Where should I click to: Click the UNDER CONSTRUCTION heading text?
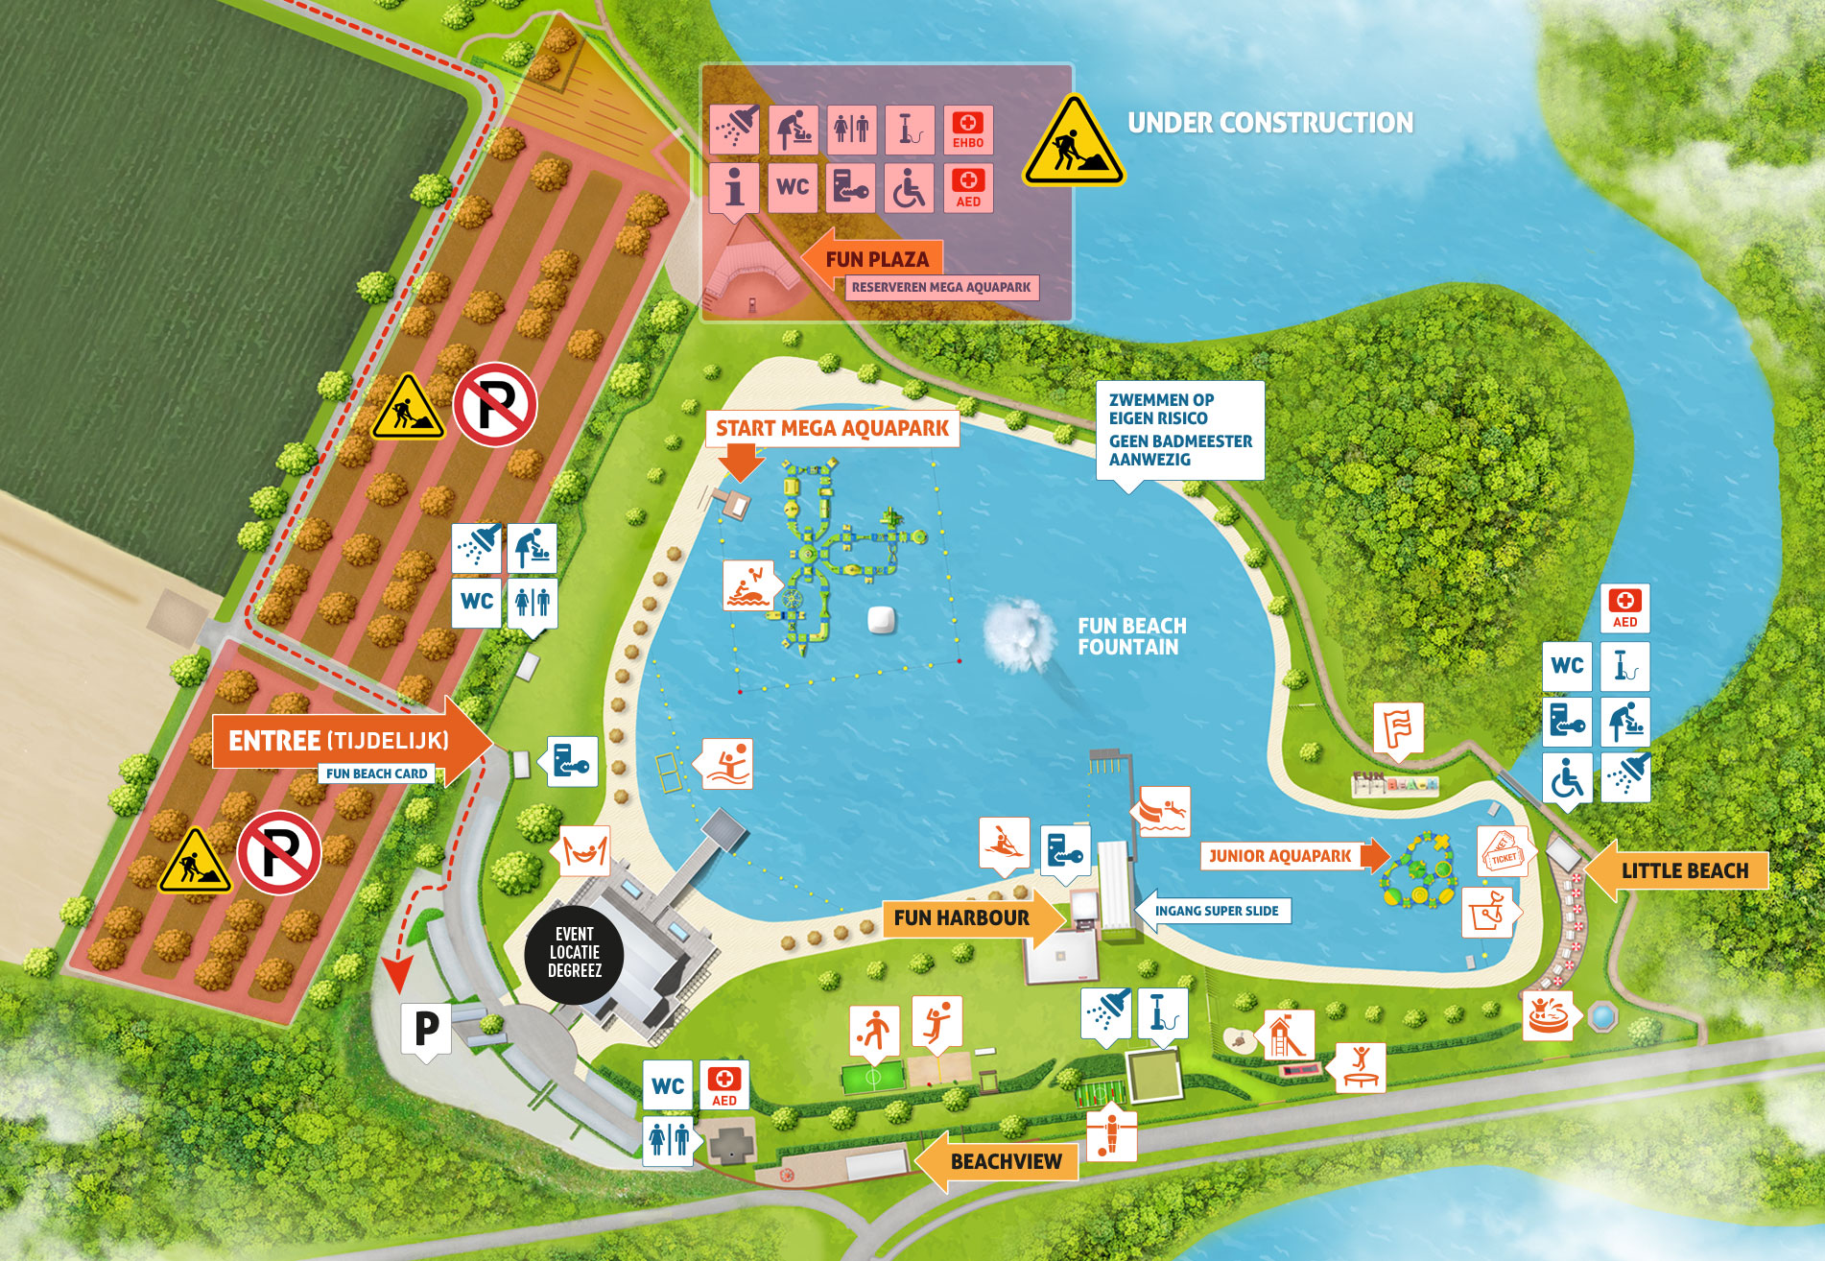tap(1269, 123)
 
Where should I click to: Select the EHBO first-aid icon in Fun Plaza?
tap(967, 130)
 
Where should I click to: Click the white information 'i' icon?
tap(735, 186)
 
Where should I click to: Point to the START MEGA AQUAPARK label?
tap(832, 428)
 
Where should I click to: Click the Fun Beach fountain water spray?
tap(1018, 633)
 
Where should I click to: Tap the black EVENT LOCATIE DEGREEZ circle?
tap(574, 953)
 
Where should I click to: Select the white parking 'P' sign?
tap(426, 1029)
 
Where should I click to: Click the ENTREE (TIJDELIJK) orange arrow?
tap(345, 741)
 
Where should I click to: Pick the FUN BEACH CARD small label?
tap(376, 773)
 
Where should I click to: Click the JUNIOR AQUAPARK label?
tap(1280, 855)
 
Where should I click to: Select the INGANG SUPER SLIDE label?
tap(1216, 911)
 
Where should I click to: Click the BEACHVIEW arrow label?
tap(1003, 1161)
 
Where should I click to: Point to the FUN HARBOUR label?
tap(961, 917)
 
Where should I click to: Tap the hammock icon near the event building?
tap(583, 850)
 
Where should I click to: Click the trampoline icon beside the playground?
tap(1361, 1066)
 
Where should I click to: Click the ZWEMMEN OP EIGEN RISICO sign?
tap(1180, 429)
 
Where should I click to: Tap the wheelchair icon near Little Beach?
tap(1567, 778)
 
